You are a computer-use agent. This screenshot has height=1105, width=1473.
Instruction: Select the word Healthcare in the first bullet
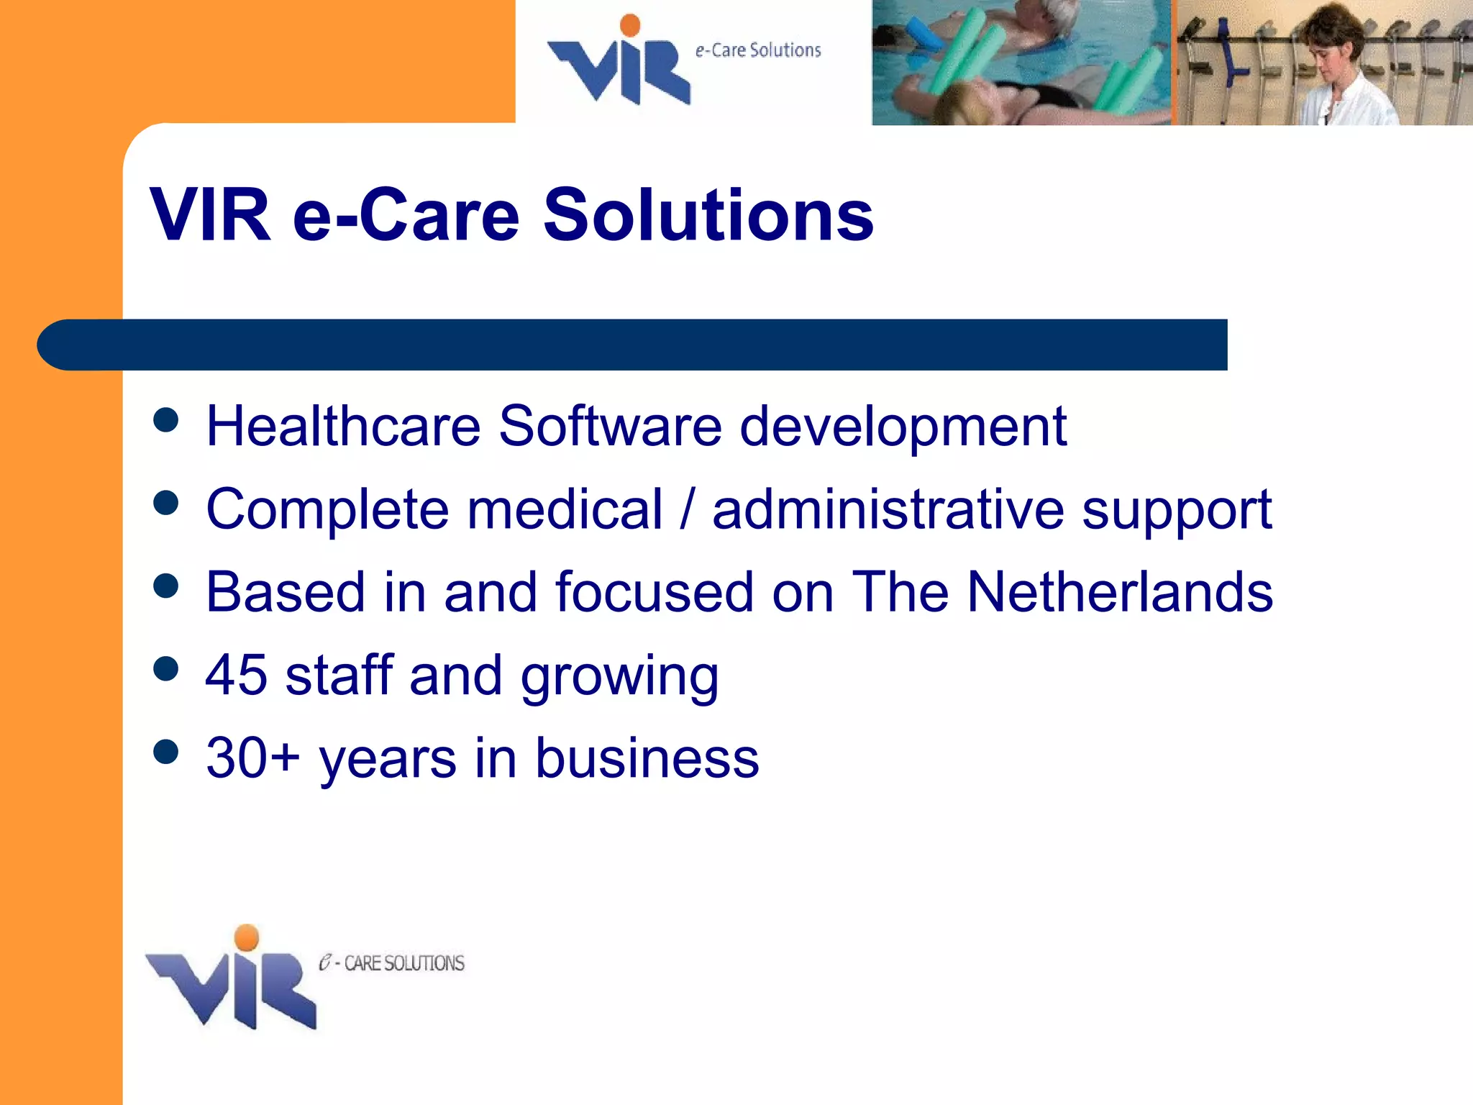point(343,426)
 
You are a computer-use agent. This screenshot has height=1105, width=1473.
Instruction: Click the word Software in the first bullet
point(610,426)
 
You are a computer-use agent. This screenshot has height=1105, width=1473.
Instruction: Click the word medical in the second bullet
point(565,509)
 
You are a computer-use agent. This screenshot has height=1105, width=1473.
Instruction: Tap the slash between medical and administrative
point(688,509)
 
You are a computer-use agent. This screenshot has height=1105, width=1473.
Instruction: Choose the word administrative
point(888,509)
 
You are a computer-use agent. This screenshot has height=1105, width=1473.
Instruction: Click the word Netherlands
point(1119,592)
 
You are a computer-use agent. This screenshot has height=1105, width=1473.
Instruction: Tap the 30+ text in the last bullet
point(252,758)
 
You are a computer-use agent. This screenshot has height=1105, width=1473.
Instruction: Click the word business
point(647,758)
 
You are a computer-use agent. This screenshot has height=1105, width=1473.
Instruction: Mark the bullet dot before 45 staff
point(166,668)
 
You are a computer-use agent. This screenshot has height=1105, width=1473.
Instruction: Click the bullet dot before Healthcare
point(166,419)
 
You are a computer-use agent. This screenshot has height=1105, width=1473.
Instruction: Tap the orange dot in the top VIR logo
point(630,24)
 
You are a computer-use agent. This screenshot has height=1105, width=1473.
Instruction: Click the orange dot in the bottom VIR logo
point(247,937)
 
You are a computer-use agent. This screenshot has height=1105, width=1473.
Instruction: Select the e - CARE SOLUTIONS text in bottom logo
point(392,963)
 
